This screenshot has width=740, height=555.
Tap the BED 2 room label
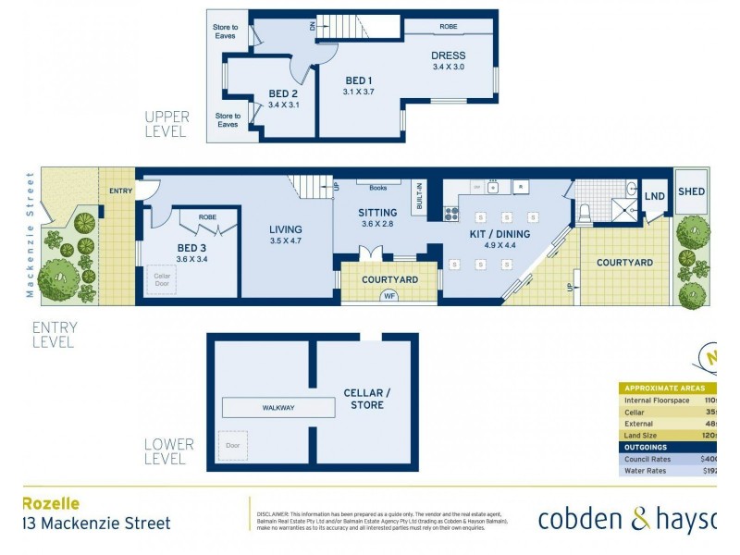tap(283, 93)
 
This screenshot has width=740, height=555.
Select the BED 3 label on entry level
tap(193, 248)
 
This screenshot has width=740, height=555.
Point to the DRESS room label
tap(448, 55)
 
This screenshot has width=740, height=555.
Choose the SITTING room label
tap(376, 213)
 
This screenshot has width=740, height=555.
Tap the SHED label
tap(691, 191)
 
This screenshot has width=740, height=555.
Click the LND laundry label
tap(654, 196)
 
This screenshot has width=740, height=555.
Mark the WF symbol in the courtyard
tap(389, 297)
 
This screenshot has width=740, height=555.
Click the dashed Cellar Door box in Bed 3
tap(161, 280)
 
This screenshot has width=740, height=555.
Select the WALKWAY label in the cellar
tap(277, 407)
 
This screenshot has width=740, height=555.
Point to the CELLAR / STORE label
tap(366, 398)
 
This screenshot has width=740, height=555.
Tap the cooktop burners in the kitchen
tap(452, 214)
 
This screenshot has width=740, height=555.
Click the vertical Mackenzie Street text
tap(31, 235)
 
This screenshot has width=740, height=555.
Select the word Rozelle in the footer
tap(50, 504)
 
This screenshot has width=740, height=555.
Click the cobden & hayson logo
tap(627, 520)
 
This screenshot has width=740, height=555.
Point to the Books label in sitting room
tap(376, 188)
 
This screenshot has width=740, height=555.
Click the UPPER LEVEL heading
tap(166, 124)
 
